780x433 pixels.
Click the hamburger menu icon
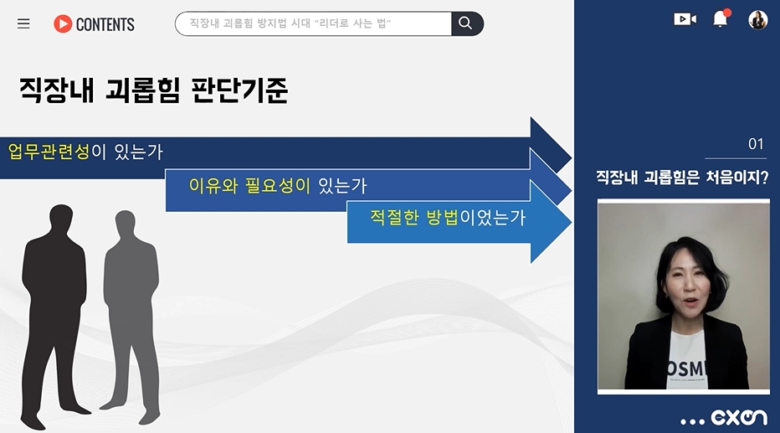[x=23, y=23]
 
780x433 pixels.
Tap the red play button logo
[x=63, y=23]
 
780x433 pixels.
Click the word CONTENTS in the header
[x=105, y=24]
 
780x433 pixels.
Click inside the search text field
[x=313, y=23]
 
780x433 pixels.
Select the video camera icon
[x=685, y=19]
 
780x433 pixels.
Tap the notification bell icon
[x=721, y=18]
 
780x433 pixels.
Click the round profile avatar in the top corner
[x=757, y=20]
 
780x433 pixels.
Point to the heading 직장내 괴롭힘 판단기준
[x=154, y=90]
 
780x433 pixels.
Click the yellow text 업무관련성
[x=49, y=152]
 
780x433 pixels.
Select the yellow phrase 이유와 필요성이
[x=249, y=186]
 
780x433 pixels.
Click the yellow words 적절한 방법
[x=414, y=217]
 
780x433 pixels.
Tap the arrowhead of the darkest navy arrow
[x=551, y=145]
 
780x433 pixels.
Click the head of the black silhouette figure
[x=61, y=219]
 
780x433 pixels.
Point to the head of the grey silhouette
[x=125, y=224]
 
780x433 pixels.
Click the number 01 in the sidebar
[x=756, y=144]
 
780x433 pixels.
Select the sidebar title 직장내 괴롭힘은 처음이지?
[x=682, y=177]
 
